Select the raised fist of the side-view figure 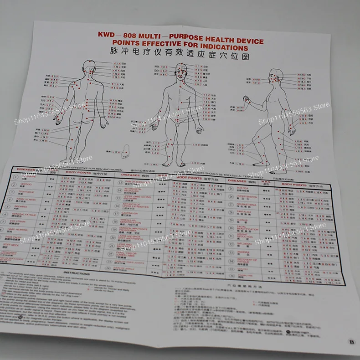coord(247,99)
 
